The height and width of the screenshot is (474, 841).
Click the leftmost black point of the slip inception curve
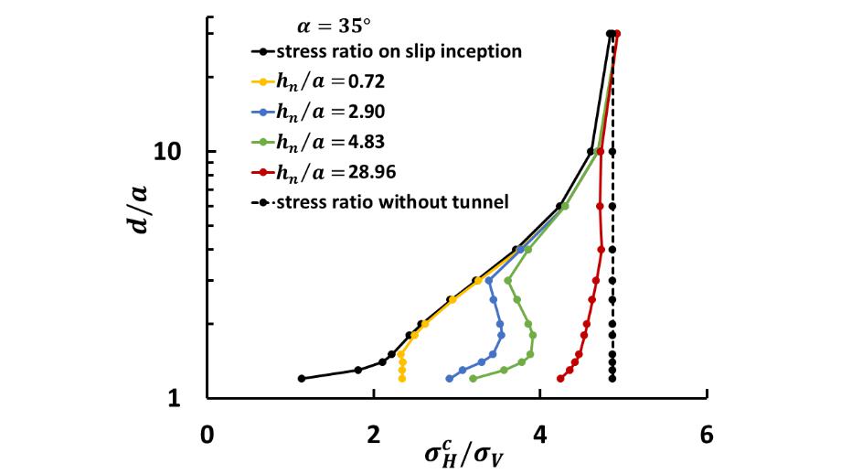(301, 379)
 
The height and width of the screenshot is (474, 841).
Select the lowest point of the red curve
(560, 378)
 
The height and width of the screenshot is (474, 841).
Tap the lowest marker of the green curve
(473, 379)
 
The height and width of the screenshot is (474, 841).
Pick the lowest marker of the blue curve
(449, 379)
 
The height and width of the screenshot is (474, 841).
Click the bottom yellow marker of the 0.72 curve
(402, 379)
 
